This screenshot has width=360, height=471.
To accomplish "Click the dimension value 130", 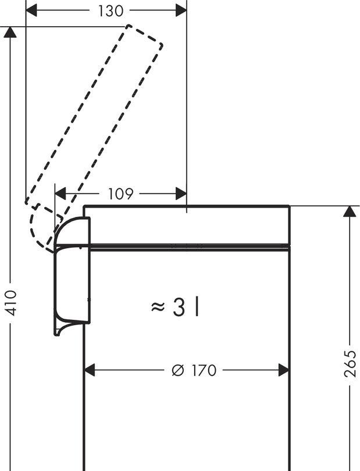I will click(107, 10).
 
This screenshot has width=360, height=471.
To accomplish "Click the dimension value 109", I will click(120, 194).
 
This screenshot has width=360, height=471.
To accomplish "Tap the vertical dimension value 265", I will click(350, 363).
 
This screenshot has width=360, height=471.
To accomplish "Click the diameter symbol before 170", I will click(177, 370).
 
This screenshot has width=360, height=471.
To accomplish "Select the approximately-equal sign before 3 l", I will click(158, 306).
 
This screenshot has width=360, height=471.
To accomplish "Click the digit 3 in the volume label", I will click(178, 307).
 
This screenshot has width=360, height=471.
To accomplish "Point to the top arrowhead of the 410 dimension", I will click(10, 33).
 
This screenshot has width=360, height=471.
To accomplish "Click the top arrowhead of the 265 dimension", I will click(349, 211).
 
